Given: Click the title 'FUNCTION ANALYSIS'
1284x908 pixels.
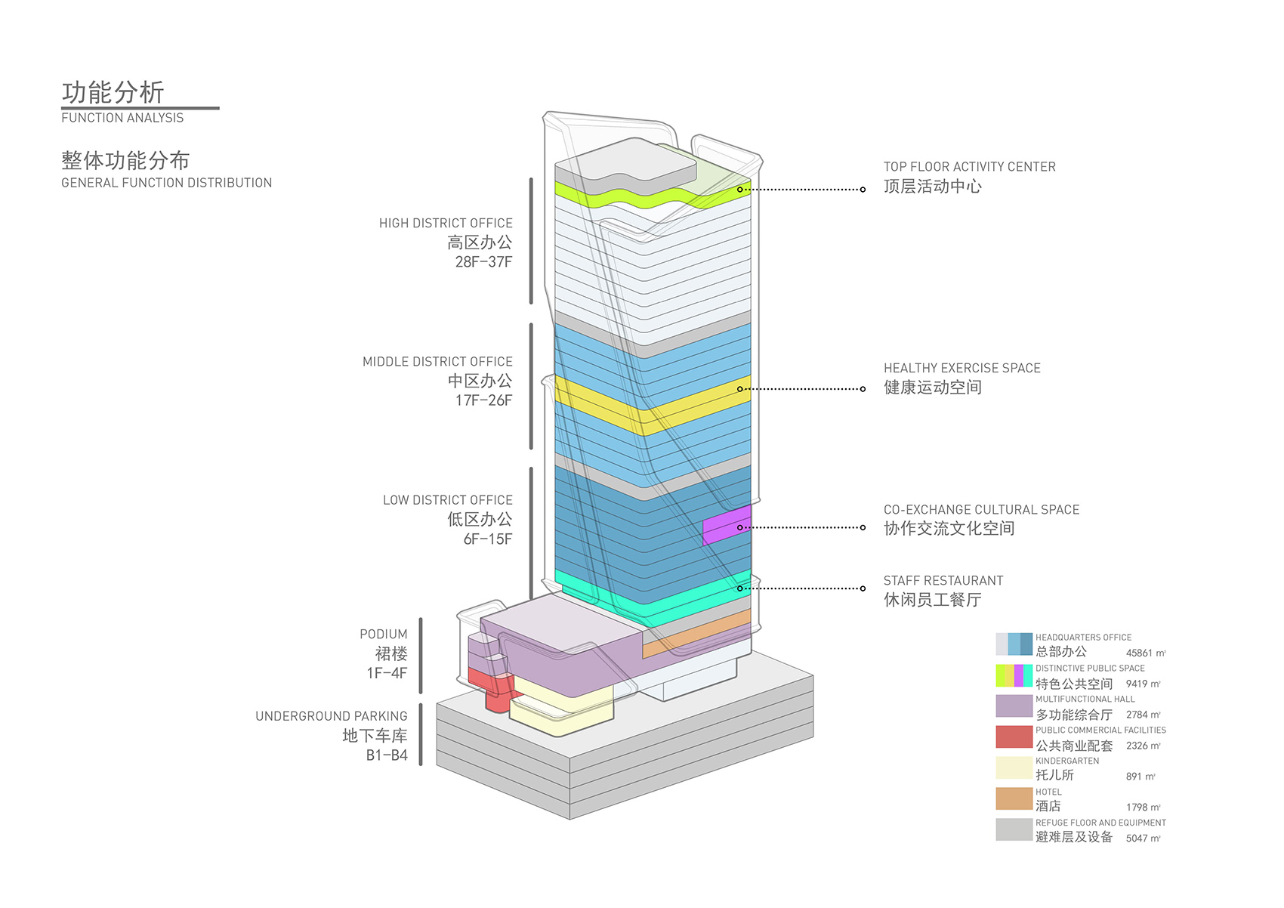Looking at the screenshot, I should pyautogui.click(x=122, y=118).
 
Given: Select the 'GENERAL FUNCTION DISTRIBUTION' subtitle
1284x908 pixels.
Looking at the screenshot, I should pyautogui.click(x=166, y=183).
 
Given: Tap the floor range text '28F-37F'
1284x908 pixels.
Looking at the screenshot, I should pyautogui.click(x=483, y=262).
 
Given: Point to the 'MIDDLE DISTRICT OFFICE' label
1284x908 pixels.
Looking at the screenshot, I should pyautogui.click(x=437, y=362).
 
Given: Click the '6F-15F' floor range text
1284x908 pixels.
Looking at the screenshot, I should pyautogui.click(x=488, y=539).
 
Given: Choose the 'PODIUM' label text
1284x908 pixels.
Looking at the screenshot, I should pyautogui.click(x=384, y=635).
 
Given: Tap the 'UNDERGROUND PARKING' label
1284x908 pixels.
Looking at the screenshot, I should pyautogui.click(x=332, y=716).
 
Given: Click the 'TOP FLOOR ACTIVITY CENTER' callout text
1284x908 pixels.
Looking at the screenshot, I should pyautogui.click(x=970, y=167).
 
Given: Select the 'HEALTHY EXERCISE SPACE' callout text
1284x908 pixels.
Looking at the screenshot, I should pyautogui.click(x=962, y=369).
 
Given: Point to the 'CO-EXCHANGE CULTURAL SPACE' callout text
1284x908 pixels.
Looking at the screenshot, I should pyautogui.click(x=981, y=510).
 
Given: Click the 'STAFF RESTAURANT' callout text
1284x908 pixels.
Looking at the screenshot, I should pyautogui.click(x=943, y=581).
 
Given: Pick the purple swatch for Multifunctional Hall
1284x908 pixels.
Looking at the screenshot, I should pyautogui.click(x=1014, y=706).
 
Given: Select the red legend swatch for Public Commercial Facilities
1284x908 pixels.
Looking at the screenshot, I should pyautogui.click(x=1014, y=737).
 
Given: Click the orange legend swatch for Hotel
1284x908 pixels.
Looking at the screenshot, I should pyautogui.click(x=1014, y=799).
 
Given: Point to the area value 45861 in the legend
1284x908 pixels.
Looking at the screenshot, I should pyautogui.click(x=1140, y=653).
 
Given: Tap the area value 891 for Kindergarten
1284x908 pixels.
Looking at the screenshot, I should pyautogui.click(x=1135, y=777).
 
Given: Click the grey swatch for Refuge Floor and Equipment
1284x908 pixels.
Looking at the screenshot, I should pyautogui.click(x=1014, y=830).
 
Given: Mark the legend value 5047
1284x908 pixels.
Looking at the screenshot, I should pyautogui.click(x=1137, y=839).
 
